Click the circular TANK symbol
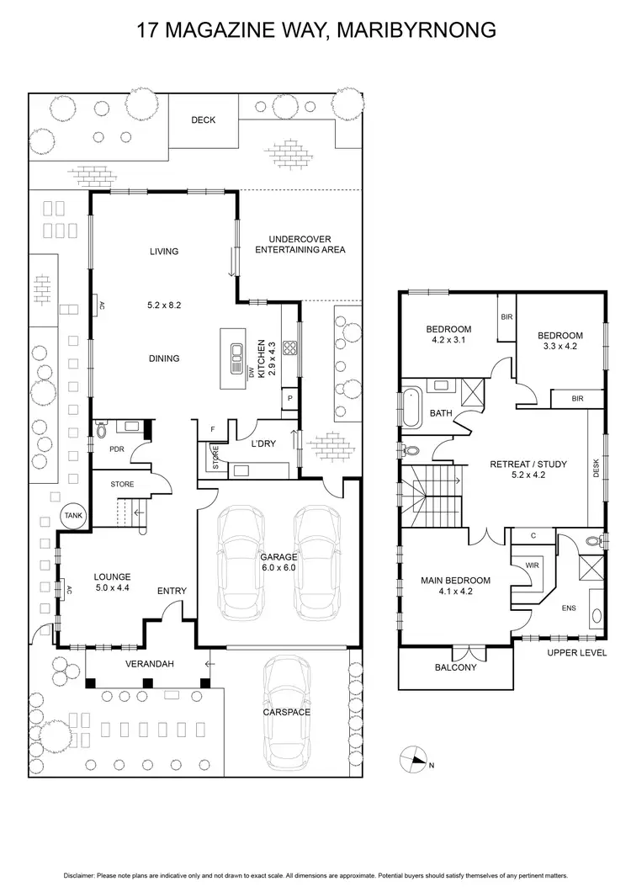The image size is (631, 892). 72,517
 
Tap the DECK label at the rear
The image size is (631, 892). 203,120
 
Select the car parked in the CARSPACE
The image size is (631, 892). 288,712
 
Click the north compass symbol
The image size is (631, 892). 414,758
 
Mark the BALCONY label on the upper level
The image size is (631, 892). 455,667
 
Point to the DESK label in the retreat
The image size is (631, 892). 597,468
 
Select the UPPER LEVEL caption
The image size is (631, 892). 577,652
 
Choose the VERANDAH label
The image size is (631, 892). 150,664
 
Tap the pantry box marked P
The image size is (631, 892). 289,398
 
